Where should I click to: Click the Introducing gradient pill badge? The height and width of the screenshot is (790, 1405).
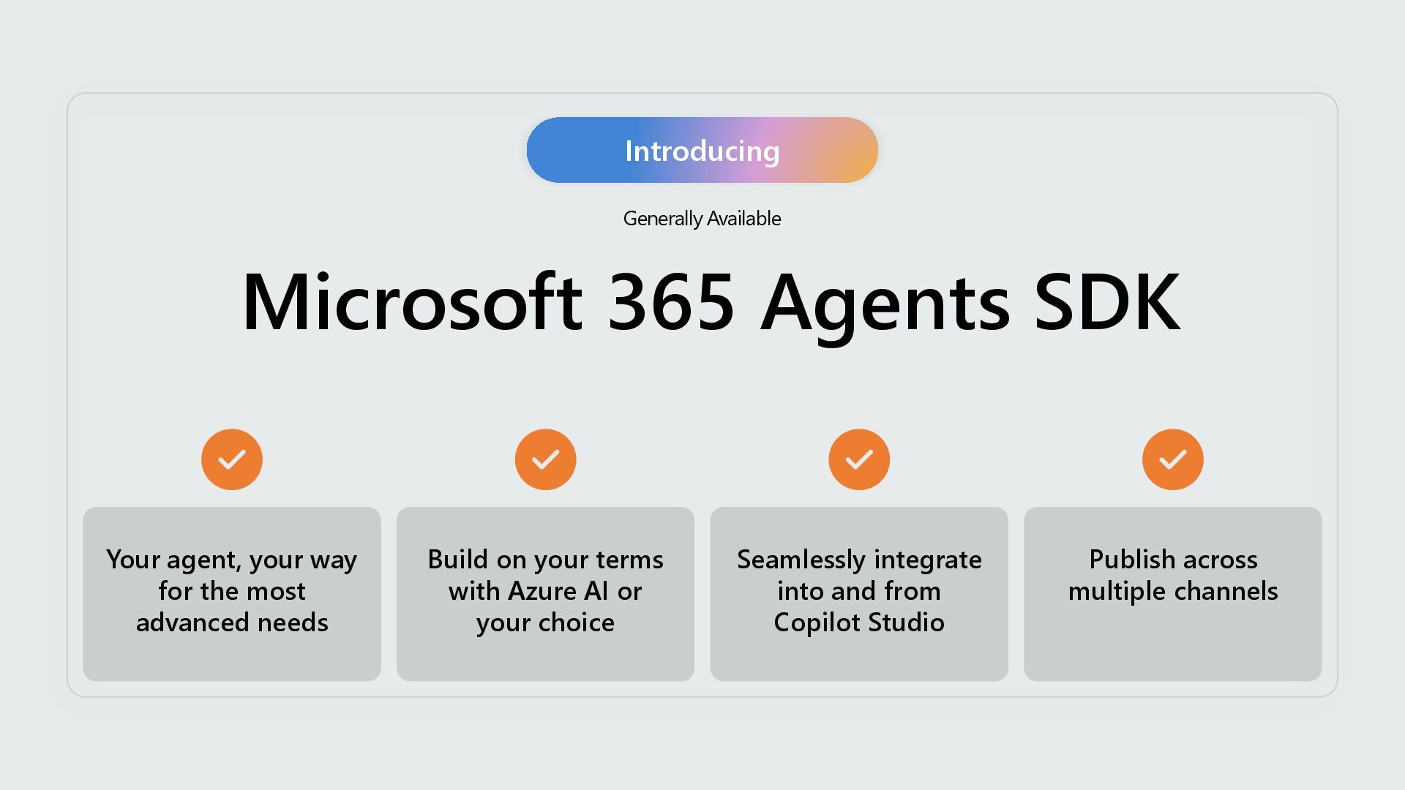tap(702, 150)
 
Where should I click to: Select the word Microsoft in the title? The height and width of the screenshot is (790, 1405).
tap(411, 302)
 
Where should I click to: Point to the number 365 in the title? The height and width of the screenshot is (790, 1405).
tap(671, 302)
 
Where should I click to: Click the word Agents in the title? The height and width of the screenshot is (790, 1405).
tap(885, 304)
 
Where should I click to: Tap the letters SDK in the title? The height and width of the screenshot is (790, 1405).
tap(1106, 302)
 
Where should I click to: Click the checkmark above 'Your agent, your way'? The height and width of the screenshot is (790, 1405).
tap(232, 459)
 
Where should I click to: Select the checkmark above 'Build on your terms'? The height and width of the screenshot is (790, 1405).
tap(545, 459)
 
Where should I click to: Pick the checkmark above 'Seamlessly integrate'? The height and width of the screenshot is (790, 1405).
tap(859, 459)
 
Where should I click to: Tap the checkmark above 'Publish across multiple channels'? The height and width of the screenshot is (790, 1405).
tap(1172, 459)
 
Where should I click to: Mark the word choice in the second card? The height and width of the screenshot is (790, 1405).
tap(576, 622)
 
